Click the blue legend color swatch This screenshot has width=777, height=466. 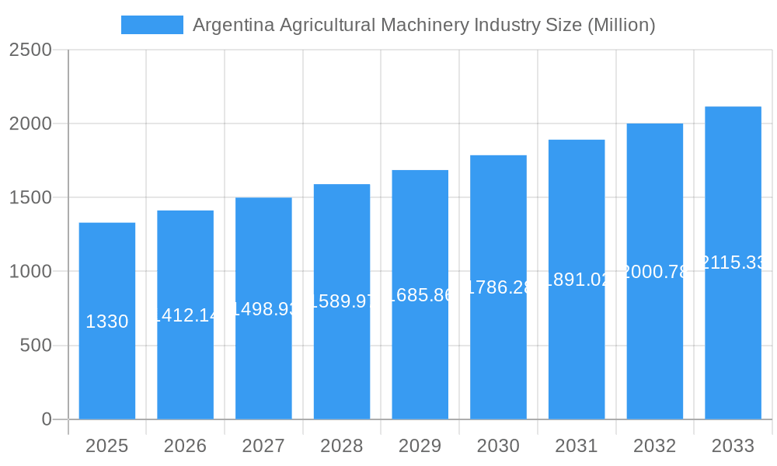[x=152, y=25]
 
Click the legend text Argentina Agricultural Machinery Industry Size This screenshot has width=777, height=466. [x=423, y=25]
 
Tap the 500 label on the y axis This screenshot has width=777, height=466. [x=36, y=345]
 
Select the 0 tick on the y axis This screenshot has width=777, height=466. [x=46, y=419]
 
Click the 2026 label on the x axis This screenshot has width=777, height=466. [x=186, y=446]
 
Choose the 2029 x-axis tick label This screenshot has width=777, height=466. [x=420, y=446]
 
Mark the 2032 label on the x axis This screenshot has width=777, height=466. [x=655, y=446]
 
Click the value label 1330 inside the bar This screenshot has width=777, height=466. [x=107, y=322]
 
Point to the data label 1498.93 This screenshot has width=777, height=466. [x=264, y=309]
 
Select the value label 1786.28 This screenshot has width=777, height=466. [x=498, y=287]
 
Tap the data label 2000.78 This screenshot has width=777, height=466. [x=655, y=272]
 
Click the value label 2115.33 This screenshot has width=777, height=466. [x=733, y=263]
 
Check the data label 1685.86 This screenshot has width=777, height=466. [x=420, y=295]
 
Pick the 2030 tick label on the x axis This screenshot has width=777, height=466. [x=498, y=446]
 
